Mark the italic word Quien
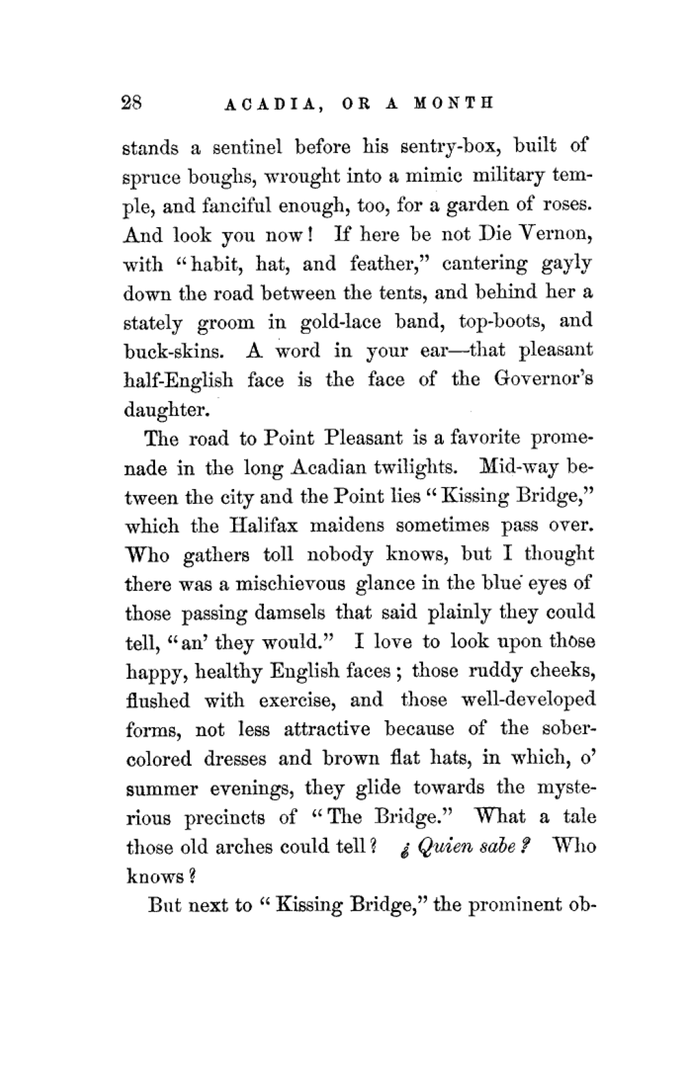coord(443,847)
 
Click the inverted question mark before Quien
coord(406,849)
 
